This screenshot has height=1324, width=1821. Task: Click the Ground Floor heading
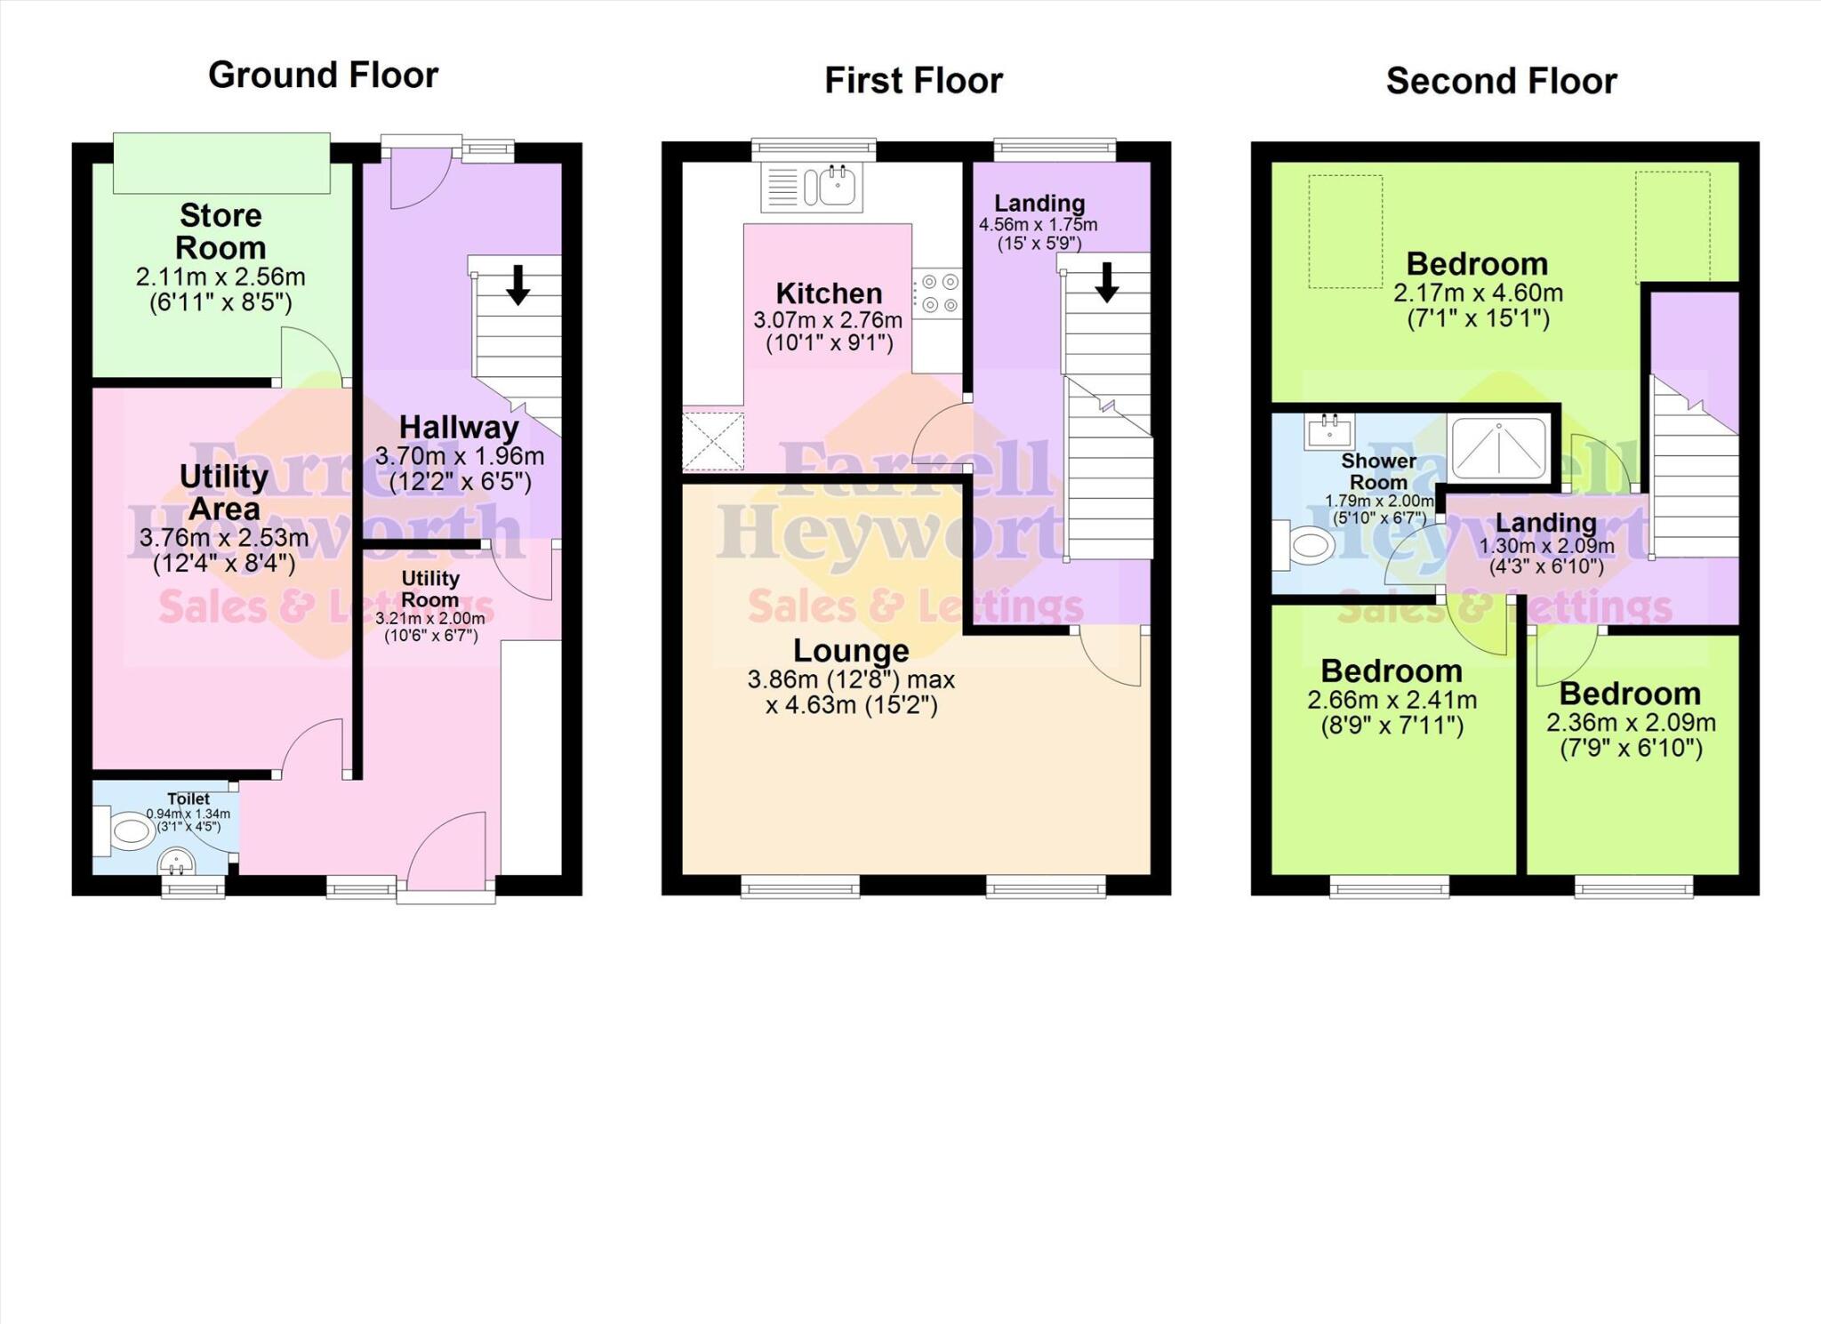tap(323, 75)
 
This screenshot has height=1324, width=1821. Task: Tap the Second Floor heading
tap(1501, 81)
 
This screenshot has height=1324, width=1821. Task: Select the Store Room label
tap(221, 231)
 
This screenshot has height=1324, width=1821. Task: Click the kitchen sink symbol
tap(812, 187)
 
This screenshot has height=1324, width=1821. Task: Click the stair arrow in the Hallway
tap(517, 284)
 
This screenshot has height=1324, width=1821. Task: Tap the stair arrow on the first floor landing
tap(1106, 282)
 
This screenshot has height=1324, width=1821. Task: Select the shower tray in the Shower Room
tap(1499, 447)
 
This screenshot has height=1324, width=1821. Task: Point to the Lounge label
tap(850, 650)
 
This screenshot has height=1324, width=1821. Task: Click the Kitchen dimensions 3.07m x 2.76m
tap(828, 320)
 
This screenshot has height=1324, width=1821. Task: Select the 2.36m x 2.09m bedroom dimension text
tap(1631, 723)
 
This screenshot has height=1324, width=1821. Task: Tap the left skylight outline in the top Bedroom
tap(1344, 231)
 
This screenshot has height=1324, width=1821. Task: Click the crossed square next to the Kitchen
tap(712, 440)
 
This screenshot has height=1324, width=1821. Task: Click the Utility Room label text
tap(430, 589)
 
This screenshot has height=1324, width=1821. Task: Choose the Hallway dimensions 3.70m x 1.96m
tap(459, 457)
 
